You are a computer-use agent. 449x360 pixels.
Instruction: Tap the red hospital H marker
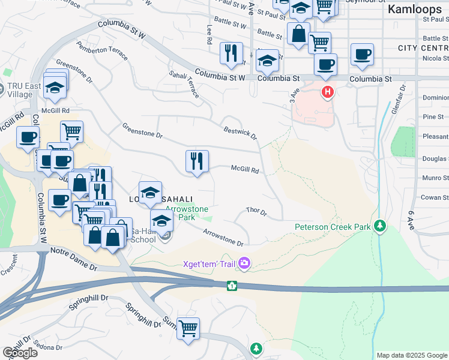pyautogui.click(x=327, y=92)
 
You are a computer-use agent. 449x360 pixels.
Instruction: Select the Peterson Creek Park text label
pyautogui.click(x=332, y=227)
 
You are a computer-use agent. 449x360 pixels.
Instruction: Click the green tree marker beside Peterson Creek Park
pyautogui.click(x=379, y=226)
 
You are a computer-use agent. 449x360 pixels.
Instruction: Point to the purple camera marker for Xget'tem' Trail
pyautogui.click(x=244, y=263)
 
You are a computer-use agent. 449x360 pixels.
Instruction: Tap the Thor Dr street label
pyautogui.click(x=256, y=212)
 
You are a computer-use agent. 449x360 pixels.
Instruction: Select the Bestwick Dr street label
pyautogui.click(x=240, y=133)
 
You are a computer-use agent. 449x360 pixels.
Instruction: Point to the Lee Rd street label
pyautogui.click(x=209, y=35)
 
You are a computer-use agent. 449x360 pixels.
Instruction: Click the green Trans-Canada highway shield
pyautogui.click(x=232, y=286)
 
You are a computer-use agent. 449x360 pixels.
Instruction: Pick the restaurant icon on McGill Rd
pyautogui.click(x=197, y=161)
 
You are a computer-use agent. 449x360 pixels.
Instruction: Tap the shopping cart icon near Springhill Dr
pyautogui.click(x=188, y=328)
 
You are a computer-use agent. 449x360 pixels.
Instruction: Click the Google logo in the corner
pyautogui.click(x=20, y=353)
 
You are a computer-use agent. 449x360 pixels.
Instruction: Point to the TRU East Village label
pyautogui.click(x=24, y=90)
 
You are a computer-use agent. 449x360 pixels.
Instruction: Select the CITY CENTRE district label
pyautogui.click(x=423, y=47)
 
